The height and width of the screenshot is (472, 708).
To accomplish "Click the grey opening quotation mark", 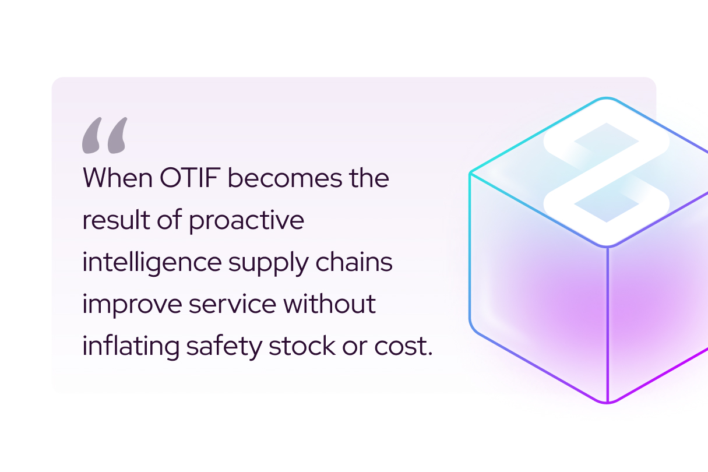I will click(x=104, y=136).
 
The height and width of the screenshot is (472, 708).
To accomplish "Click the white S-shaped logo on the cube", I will click(x=606, y=172).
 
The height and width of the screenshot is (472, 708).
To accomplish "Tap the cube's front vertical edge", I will click(x=607, y=323).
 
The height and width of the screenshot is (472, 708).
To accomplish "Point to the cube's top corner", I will click(x=606, y=98).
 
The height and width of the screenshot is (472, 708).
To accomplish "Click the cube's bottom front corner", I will click(x=607, y=402).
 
